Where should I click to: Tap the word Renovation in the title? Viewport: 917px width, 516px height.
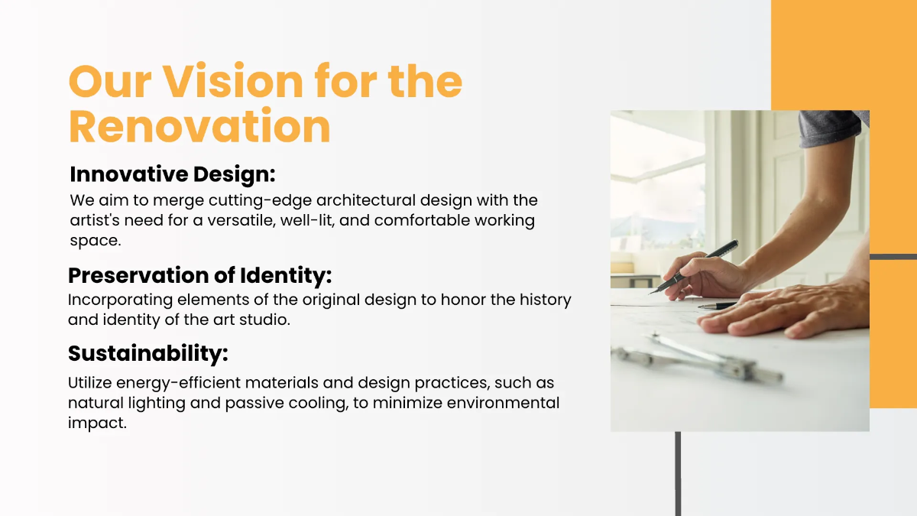pyautogui.click(x=199, y=127)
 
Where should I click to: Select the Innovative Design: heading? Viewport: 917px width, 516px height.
pyautogui.click(x=172, y=174)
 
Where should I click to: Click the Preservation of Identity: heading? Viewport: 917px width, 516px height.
pyautogui.click(x=199, y=275)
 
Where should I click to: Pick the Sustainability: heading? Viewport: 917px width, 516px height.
pyautogui.click(x=148, y=353)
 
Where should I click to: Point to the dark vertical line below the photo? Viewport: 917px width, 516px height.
pyautogui.click(x=678, y=473)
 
